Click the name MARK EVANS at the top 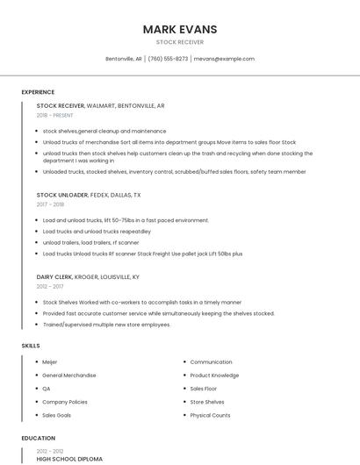pos(180,29)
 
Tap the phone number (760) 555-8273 pos(168,59)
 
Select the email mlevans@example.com pos(224,59)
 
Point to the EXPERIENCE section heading pos(38,92)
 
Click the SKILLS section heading pos(31,346)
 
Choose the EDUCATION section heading pos(38,438)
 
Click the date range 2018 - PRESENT pos(55,115)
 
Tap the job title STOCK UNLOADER pos(61,195)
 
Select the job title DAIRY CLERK pos(55,276)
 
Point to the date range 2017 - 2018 pos(50,204)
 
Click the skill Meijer pos(49,361)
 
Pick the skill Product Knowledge pos(214,375)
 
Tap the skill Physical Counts pos(210,415)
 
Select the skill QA pos(47,388)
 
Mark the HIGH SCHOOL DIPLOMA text pos(69,459)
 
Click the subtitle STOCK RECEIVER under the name pos(180,42)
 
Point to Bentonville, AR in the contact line pos(124,59)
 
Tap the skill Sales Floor pos(203,388)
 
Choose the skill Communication pos(211,361)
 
